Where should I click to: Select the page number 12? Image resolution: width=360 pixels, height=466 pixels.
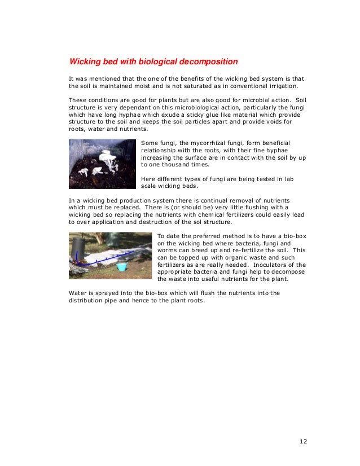coord(303,441)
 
